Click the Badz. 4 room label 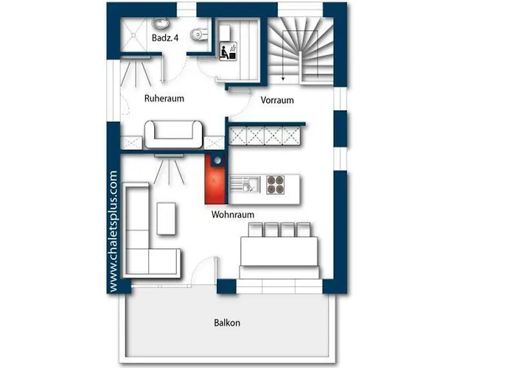point(165,38)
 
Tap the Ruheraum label point(164,98)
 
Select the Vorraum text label point(277,100)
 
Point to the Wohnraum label point(233,215)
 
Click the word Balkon point(227,322)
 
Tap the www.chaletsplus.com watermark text point(113,231)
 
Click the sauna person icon point(229,52)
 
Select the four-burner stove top point(275,185)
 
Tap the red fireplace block point(215,179)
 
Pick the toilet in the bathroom point(199,34)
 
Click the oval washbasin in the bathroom point(161,24)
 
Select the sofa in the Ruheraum point(173,134)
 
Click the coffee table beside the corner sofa point(166,219)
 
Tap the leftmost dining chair point(255,230)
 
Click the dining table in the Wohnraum point(279,252)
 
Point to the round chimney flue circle point(217,160)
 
